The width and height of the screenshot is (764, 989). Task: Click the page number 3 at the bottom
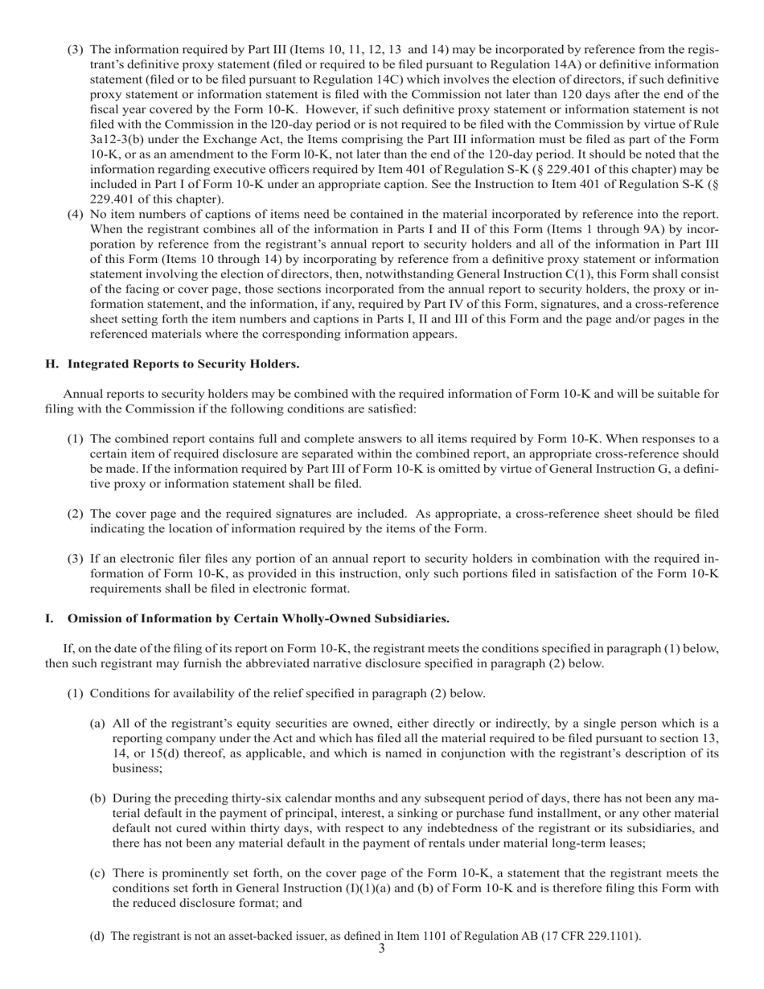[x=381, y=949]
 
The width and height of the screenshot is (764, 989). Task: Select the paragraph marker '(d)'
[x=97, y=935]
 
